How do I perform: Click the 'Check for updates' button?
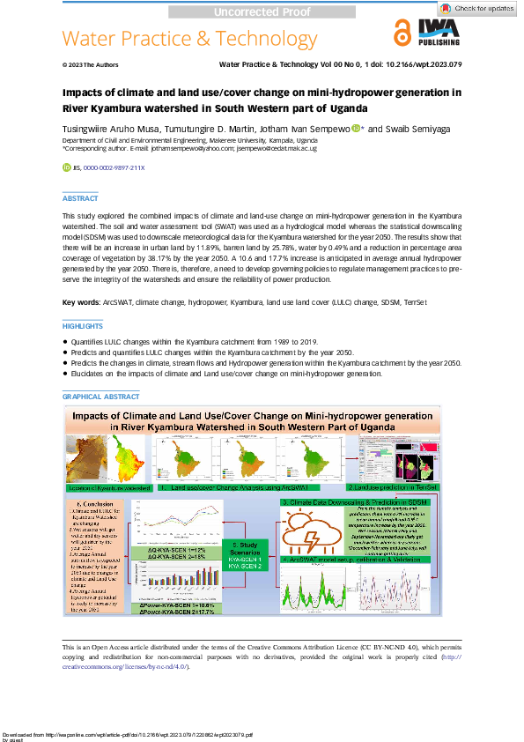[x=479, y=9]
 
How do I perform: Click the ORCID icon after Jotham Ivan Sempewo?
[x=356, y=129]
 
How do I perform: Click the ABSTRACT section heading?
[x=80, y=199]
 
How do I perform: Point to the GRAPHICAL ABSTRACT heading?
[x=100, y=397]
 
